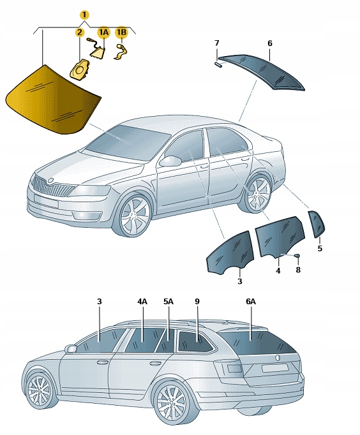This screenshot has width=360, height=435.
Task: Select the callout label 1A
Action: click(103, 32)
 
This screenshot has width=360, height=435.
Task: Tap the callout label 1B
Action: click(121, 32)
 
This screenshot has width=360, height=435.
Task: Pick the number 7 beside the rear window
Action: click(216, 43)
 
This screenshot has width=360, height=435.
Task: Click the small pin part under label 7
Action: click(218, 63)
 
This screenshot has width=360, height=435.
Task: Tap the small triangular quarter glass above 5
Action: click(317, 224)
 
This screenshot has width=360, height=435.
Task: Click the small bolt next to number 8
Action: click(297, 256)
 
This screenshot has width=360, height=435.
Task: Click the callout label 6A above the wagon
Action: click(251, 301)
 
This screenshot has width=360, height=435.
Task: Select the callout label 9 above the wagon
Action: click(197, 301)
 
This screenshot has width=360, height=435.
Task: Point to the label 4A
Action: click(142, 301)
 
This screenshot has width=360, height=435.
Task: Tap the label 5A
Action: click(169, 301)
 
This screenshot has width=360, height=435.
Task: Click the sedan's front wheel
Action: click(135, 215)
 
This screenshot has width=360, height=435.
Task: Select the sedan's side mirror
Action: click(170, 161)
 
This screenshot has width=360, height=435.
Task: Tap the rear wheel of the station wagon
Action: click(171, 402)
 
